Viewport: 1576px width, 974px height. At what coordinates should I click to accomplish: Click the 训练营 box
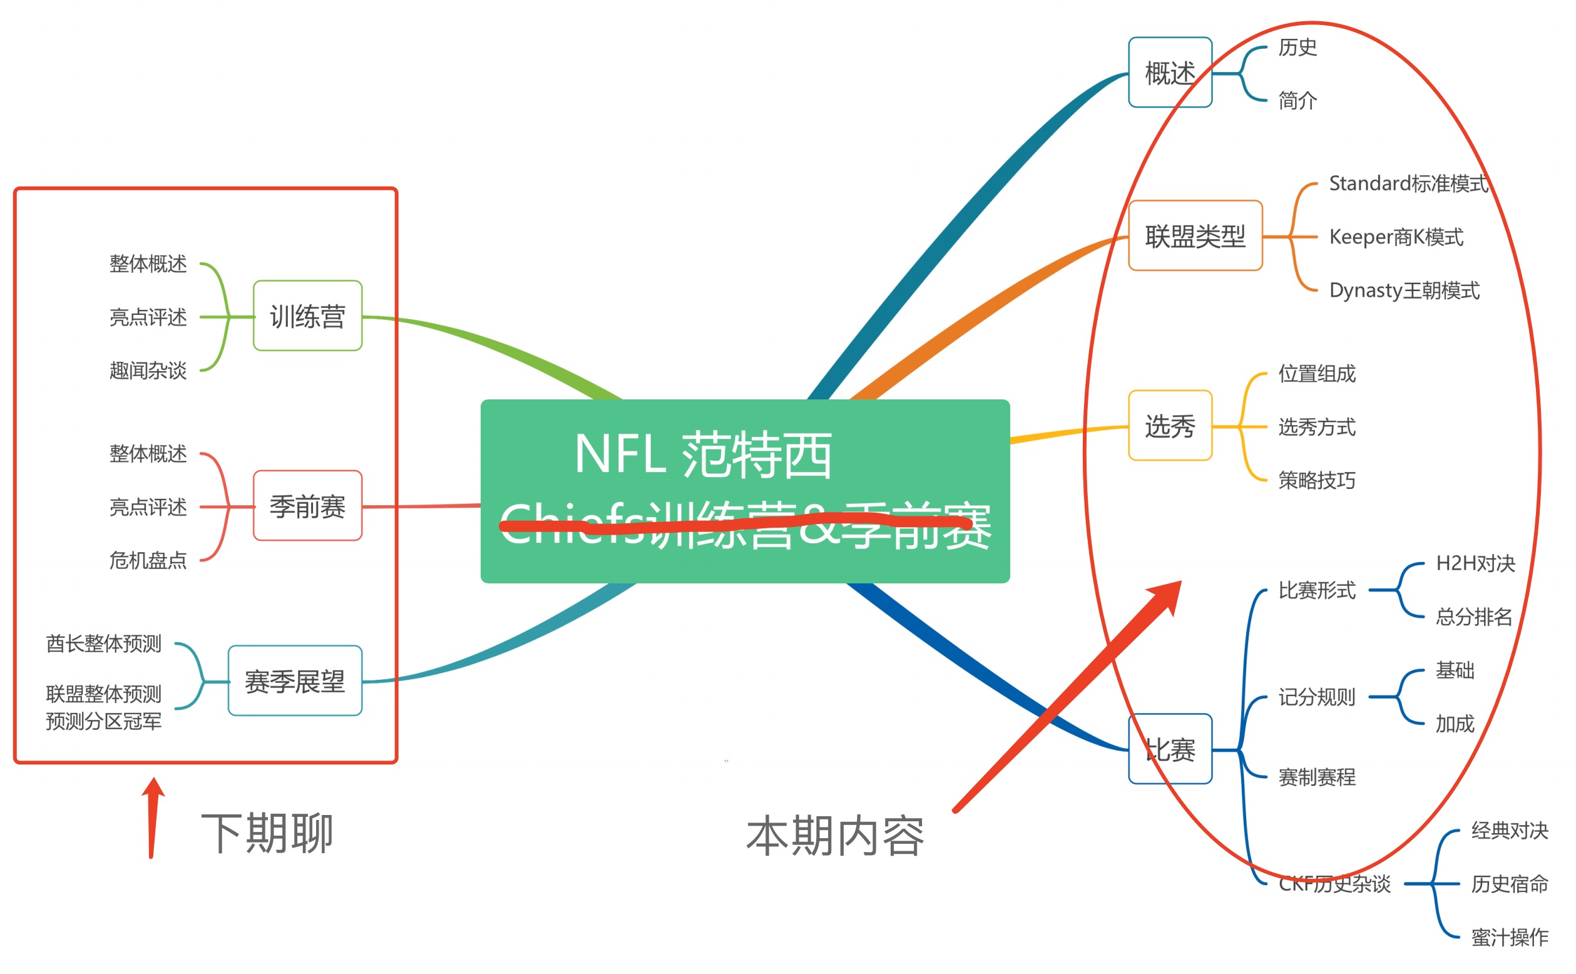[307, 315]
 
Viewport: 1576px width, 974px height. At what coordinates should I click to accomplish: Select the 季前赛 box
[307, 506]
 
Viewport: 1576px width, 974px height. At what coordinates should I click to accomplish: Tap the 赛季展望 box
[295, 680]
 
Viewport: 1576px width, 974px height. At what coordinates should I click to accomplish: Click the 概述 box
[1170, 72]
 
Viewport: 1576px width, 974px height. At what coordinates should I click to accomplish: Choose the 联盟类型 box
[1195, 236]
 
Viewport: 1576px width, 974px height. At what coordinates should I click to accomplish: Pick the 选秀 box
[1170, 426]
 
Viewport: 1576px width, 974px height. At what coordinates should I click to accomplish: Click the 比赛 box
[1170, 749]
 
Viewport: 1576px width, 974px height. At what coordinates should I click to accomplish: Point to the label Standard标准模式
[1408, 183]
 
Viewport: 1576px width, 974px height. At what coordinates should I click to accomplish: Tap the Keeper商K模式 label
[1396, 237]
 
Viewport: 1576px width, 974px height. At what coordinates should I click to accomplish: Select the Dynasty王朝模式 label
[1404, 290]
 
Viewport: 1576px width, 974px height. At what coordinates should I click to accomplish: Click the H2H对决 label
[1475, 563]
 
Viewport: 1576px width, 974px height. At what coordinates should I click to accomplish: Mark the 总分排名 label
[1473, 617]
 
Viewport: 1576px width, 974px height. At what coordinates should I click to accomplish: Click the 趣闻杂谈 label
[148, 371]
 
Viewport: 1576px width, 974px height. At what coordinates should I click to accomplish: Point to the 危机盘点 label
[148, 560]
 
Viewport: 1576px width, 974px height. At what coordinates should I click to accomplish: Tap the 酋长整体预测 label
[104, 643]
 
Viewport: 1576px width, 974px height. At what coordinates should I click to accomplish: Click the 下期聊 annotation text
[267, 833]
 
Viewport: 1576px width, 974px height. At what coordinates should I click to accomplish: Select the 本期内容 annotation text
[835, 836]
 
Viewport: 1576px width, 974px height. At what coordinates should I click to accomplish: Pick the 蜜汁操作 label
[1509, 937]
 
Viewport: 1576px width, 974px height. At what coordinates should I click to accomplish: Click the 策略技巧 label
[1316, 480]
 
